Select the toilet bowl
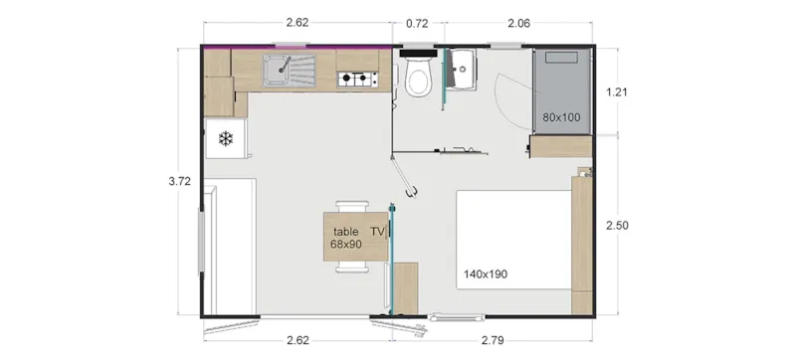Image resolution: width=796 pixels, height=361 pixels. pyautogui.click(x=418, y=81)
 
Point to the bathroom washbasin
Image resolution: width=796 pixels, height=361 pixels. pyautogui.click(x=462, y=69)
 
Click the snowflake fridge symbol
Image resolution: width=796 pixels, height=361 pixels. pyautogui.click(x=225, y=138)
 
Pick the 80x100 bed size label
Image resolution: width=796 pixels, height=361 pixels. pyautogui.click(x=561, y=117)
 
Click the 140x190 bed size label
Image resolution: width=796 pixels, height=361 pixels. pyautogui.click(x=486, y=273)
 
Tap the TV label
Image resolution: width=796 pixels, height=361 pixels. pyautogui.click(x=378, y=231)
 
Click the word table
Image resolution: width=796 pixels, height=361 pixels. pyautogui.click(x=346, y=231)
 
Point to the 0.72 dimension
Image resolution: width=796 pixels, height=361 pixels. pyautogui.click(x=417, y=21)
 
